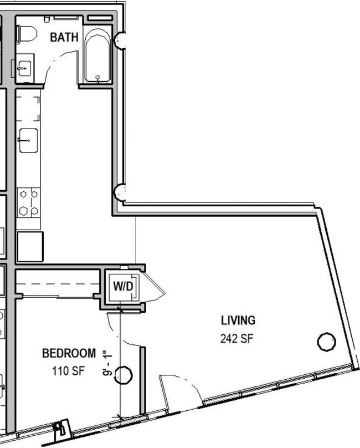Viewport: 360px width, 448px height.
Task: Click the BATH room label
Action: click(x=64, y=38)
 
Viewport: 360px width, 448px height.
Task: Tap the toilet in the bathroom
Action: click(x=25, y=35)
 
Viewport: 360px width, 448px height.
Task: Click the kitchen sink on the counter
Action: click(x=28, y=140)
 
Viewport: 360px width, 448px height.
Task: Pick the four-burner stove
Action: click(x=29, y=202)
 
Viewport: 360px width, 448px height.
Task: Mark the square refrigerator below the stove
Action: click(x=30, y=246)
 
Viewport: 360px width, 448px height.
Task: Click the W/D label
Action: click(x=122, y=287)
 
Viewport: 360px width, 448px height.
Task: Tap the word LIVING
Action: click(x=238, y=320)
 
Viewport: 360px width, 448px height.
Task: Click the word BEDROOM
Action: click(x=69, y=353)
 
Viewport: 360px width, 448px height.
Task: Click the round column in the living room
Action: click(x=326, y=342)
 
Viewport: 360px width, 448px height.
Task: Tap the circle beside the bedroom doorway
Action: click(x=125, y=375)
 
